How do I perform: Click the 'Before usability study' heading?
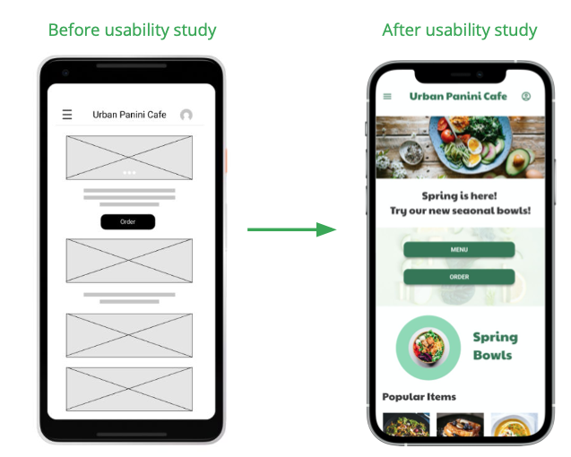[132, 30]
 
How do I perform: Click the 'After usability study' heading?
[459, 30]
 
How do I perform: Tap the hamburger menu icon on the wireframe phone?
[67, 115]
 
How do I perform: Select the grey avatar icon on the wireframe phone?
[186, 115]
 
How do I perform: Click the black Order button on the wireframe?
[128, 221]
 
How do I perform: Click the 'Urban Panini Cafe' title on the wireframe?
[129, 115]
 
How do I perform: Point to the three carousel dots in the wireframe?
[129, 172]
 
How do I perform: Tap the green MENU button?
[459, 250]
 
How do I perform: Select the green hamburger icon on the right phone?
[387, 97]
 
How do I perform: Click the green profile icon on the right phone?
[526, 97]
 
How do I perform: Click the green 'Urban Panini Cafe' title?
[458, 97]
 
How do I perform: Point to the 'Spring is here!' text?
[459, 195]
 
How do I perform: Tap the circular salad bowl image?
[428, 347]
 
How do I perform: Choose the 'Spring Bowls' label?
[495, 346]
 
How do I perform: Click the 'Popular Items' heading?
[419, 396]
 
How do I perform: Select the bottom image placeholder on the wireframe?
[129, 389]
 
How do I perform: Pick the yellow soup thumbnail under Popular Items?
[515, 425]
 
